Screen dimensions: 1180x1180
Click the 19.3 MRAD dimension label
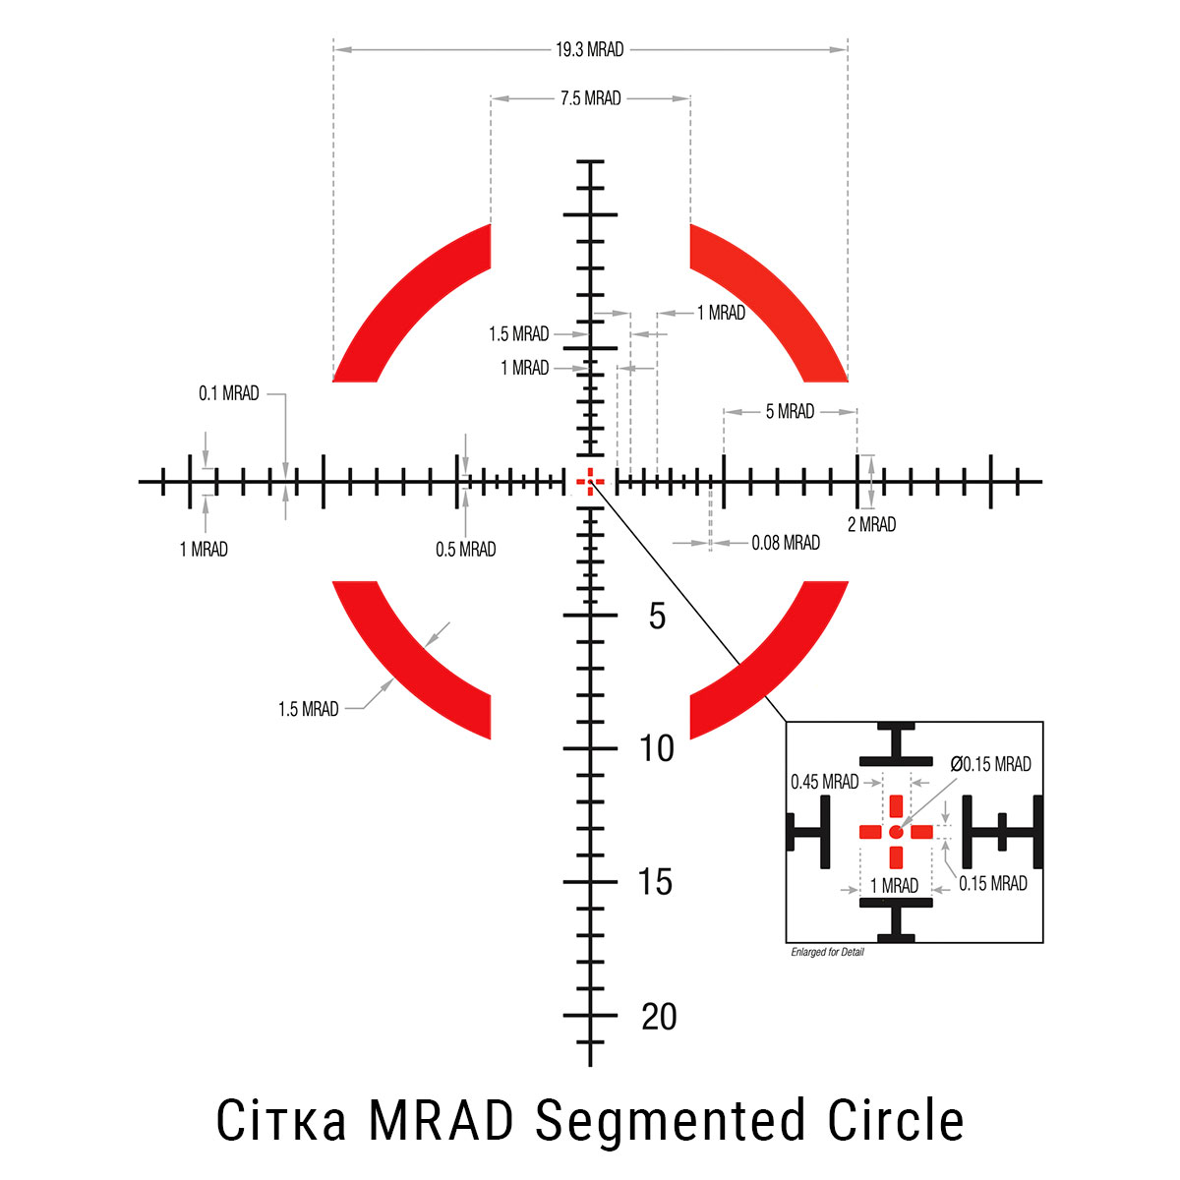pos(589,49)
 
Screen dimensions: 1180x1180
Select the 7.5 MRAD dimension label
pos(590,98)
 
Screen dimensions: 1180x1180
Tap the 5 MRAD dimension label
pos(790,412)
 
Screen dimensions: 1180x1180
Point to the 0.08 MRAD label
pos(785,543)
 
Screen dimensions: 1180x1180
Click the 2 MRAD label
pos(871,525)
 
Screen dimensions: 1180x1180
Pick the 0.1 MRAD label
pos(228,393)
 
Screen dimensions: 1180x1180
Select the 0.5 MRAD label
pos(465,550)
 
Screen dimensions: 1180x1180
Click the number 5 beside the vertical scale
pos(657,618)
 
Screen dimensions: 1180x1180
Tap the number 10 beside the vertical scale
pos(657,749)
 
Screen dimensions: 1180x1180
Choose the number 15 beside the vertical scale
pos(655,883)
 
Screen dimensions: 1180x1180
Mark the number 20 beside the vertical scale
pos(659,1017)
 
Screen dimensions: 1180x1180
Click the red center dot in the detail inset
pos(895,832)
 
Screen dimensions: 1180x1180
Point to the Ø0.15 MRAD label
pos(990,764)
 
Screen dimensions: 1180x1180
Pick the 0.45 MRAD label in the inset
pos(824,783)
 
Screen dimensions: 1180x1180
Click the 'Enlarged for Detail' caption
pos(827,952)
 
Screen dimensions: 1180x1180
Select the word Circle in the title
pos(895,1121)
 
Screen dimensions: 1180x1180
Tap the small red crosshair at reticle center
pos(590,482)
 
